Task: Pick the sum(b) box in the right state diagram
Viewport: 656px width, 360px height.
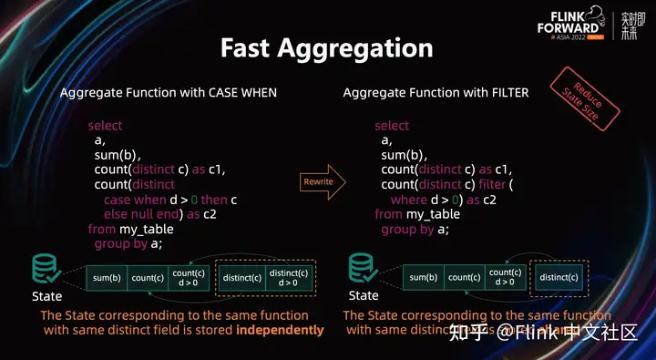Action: [x=424, y=277]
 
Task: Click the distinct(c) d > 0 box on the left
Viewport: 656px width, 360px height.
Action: [x=289, y=277]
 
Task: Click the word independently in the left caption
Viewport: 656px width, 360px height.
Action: [x=280, y=330]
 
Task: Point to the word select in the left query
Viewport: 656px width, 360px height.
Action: [x=105, y=125]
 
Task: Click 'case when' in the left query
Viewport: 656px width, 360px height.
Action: [x=130, y=200]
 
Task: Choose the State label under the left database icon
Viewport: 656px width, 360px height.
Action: [x=46, y=296]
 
